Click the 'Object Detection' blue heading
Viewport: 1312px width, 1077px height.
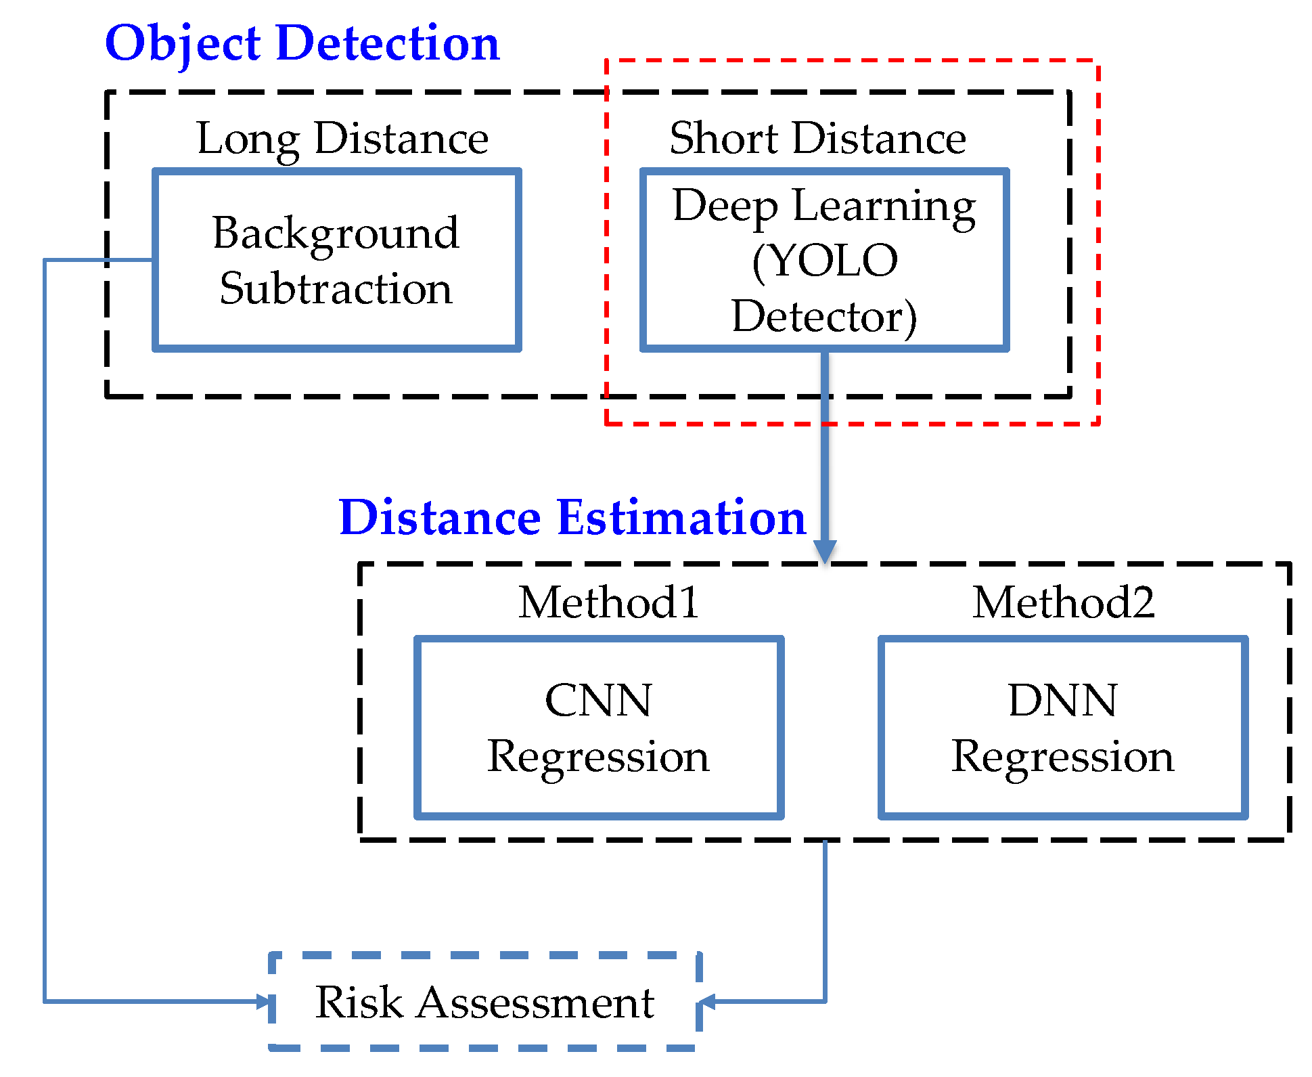[302, 44]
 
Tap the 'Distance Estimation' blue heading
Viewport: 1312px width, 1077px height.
[572, 518]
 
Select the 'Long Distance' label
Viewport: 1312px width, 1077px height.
[342, 139]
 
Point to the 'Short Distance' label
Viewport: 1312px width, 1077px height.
[817, 139]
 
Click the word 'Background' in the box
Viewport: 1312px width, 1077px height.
[336, 234]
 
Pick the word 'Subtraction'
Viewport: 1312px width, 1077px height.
[336, 289]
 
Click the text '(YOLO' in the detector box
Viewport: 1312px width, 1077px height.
[824, 261]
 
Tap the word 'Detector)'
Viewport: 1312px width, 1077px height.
[824, 316]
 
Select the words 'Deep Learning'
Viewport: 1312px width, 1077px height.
[824, 205]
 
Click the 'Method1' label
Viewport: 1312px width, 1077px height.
[608, 602]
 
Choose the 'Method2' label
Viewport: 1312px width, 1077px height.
[1063, 602]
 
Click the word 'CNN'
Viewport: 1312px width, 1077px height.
[598, 700]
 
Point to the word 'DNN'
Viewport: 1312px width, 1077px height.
[1062, 700]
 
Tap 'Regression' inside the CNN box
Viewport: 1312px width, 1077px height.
[598, 756]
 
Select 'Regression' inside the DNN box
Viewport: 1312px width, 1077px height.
[1062, 756]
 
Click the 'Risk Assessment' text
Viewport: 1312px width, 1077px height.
[484, 1003]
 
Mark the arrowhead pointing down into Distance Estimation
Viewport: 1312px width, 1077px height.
[825, 551]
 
